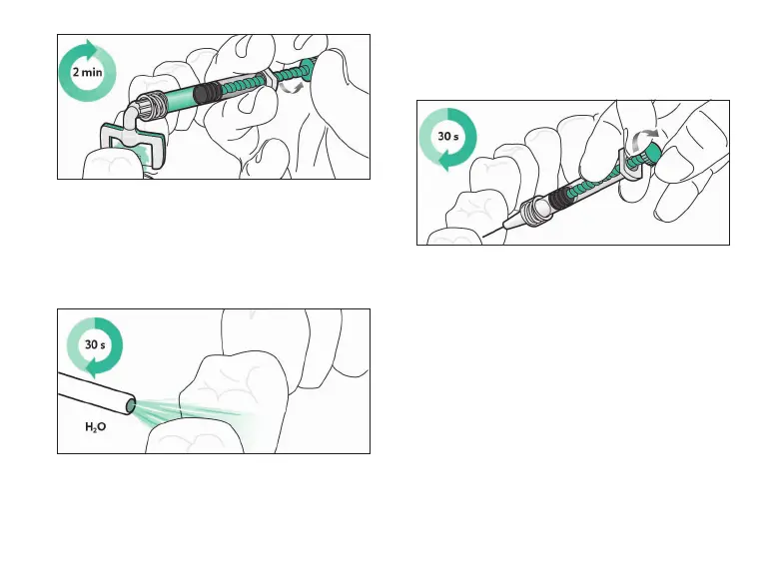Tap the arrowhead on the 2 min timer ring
coord(94,47)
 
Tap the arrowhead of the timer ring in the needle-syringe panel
coord(444,168)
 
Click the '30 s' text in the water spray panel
coord(93,346)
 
